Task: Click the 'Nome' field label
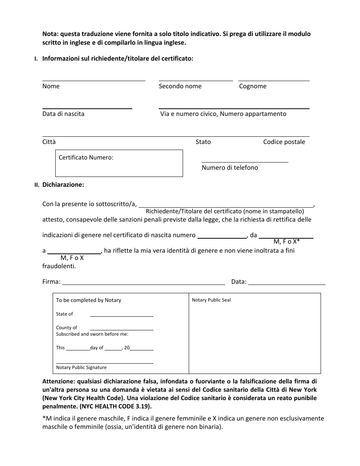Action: coord(51,86)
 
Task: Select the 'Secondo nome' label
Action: coord(180,86)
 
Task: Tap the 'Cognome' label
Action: coord(253,86)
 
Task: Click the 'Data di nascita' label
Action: coord(63,114)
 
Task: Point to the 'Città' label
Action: coord(49,142)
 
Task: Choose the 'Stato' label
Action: coord(203,142)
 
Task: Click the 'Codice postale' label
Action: coord(284,142)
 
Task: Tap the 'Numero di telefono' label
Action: coord(230,168)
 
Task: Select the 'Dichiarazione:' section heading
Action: coord(63,185)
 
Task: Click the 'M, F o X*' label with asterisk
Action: coord(286,241)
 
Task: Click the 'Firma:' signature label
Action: coord(51,282)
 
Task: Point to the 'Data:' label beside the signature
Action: coord(239,282)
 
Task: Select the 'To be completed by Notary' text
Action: coord(89,300)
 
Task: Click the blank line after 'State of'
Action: coord(122,314)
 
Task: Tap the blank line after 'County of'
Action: coord(122,328)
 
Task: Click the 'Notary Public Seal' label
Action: coord(211,300)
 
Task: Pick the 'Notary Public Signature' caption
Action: coord(81,367)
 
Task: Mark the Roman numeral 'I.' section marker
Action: coord(36,59)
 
